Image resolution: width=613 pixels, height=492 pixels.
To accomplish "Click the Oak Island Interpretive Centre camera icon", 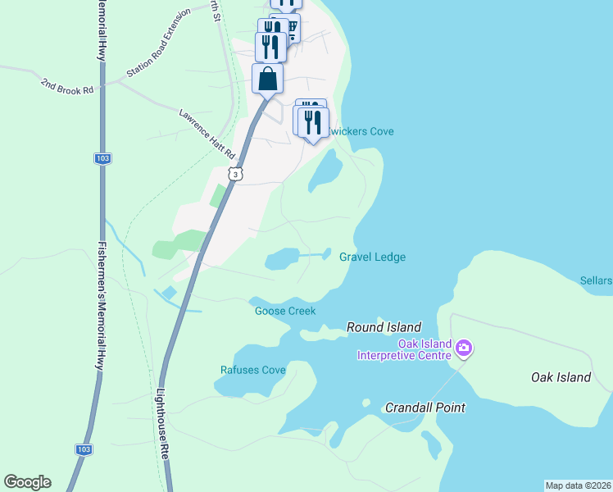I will [x=465, y=348].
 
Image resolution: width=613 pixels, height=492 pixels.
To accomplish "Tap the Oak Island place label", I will [x=561, y=377].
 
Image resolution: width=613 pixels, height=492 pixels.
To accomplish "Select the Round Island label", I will [x=384, y=327].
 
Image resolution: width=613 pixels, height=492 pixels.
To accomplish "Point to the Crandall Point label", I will [x=425, y=408].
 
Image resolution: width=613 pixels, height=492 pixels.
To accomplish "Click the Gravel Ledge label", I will [x=372, y=257].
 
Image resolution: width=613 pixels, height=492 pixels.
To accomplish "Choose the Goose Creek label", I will [x=285, y=311].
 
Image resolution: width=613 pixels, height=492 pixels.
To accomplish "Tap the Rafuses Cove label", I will [x=253, y=370].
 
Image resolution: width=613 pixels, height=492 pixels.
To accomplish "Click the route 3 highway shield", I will [x=236, y=174].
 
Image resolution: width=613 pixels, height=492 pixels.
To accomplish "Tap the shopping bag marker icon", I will [x=268, y=80].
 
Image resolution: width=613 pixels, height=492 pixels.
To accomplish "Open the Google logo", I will [x=27, y=482].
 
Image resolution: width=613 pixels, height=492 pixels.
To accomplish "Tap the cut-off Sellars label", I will [x=597, y=280].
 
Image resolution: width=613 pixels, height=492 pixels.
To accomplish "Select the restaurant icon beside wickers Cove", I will [x=312, y=123].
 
